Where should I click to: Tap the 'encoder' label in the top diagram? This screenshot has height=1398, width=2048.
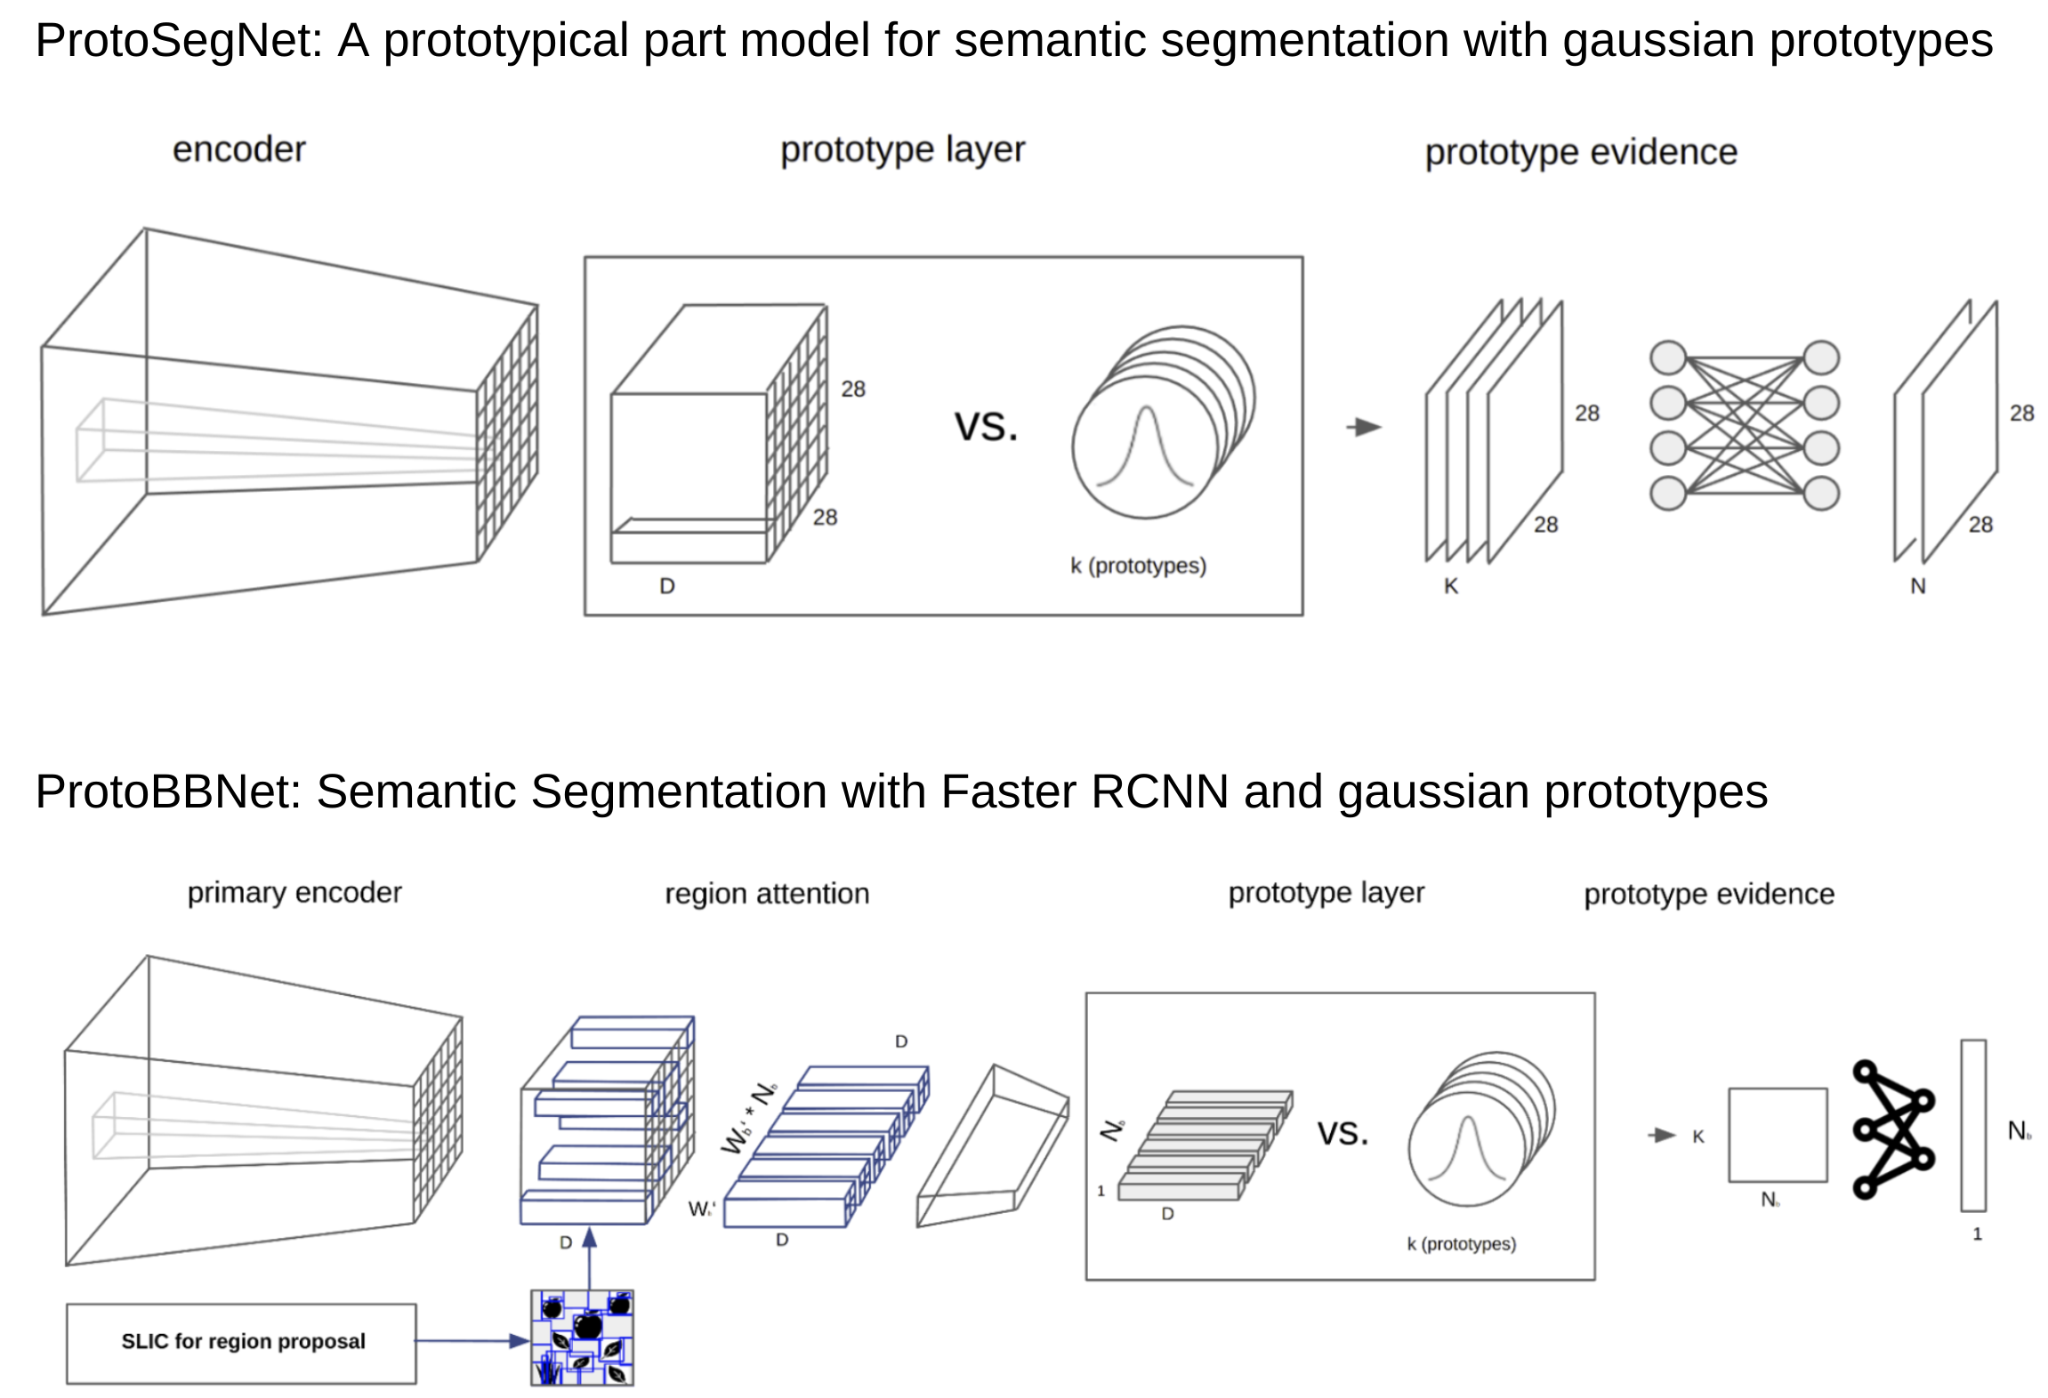(238, 149)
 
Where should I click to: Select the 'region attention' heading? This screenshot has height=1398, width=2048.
(766, 893)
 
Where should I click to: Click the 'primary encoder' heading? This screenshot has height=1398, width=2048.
(294, 892)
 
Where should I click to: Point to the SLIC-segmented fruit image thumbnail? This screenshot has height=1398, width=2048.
(582, 1337)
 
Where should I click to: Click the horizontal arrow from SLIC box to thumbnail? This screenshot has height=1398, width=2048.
(472, 1340)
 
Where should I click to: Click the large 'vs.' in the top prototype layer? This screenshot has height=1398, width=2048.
(986, 426)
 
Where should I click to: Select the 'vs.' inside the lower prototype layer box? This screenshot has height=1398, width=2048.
(1342, 1133)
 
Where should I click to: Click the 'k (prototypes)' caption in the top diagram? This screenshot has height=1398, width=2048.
(1137, 566)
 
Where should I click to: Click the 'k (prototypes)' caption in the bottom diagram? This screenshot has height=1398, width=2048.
(1460, 1243)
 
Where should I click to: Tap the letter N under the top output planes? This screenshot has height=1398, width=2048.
(1917, 586)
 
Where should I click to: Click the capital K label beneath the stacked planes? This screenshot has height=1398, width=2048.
(1450, 586)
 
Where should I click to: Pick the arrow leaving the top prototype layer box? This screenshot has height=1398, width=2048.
(1363, 428)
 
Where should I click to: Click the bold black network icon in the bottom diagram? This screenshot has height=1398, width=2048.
(1892, 1128)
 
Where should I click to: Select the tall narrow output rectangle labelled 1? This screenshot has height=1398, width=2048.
(1972, 1125)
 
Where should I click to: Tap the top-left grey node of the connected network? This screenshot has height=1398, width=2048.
(1667, 358)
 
